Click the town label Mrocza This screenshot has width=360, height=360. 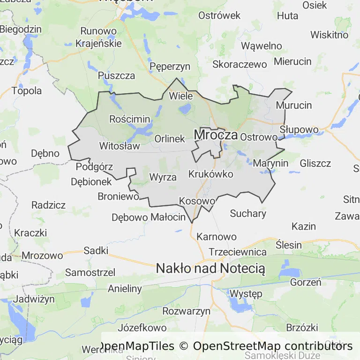[x=216, y=135]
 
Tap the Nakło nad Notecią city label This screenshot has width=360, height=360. [x=210, y=269]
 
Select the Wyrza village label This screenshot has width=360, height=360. [x=163, y=177]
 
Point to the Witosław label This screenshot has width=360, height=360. [x=120, y=146]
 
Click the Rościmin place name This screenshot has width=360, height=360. [x=129, y=119]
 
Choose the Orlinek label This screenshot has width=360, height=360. [x=170, y=139]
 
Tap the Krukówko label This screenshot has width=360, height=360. [x=210, y=174]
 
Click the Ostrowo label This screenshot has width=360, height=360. [x=259, y=137]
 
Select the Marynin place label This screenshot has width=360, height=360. [x=270, y=164]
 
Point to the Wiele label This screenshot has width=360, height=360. [x=180, y=96]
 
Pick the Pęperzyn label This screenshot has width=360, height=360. [x=170, y=67]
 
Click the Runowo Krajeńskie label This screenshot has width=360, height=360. [x=98, y=37]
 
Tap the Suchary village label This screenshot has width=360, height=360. [x=248, y=214]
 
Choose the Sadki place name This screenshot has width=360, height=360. [x=96, y=250]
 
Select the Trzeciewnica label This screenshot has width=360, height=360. [x=238, y=252]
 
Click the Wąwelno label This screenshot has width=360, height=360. [x=262, y=46]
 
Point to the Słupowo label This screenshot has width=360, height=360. [x=299, y=129]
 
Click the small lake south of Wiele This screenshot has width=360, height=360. [x=185, y=110]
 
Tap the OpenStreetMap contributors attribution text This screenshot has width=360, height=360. [x=273, y=346]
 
